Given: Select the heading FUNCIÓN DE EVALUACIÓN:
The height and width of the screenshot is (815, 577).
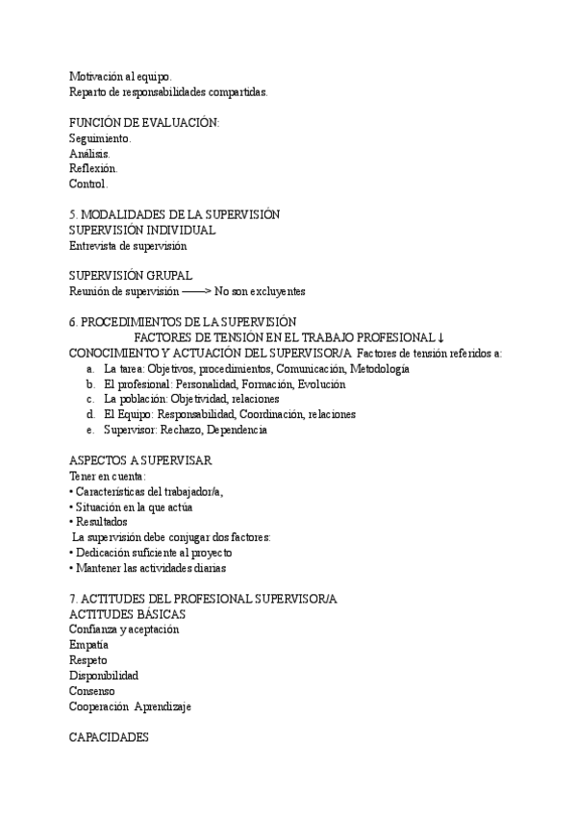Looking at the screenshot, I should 144,122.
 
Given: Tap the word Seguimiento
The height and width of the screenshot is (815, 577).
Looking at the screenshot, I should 100,137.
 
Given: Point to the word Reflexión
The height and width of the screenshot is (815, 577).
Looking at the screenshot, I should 93,168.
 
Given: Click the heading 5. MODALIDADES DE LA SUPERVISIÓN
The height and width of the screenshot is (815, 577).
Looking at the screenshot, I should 174,214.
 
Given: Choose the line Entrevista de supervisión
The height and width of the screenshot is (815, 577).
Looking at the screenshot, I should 128,245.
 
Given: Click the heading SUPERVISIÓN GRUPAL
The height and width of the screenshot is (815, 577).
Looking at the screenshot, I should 131,276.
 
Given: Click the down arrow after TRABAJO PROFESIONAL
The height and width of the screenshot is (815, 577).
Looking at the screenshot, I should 440,337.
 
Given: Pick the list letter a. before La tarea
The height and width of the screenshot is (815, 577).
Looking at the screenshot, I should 89,368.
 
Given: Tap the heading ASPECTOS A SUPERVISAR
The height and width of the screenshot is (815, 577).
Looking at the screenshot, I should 140,460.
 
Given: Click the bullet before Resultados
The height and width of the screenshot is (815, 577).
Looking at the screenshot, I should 72,522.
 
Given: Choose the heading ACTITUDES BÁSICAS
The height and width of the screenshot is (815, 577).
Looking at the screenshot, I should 127,614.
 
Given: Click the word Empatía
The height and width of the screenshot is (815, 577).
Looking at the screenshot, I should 89,645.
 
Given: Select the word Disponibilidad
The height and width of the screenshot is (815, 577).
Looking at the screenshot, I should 104,676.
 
